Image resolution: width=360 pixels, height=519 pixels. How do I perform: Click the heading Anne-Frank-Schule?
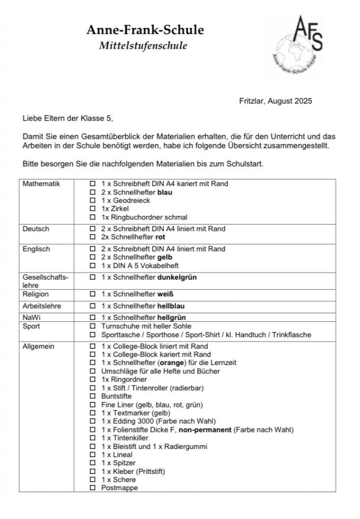click(145, 30)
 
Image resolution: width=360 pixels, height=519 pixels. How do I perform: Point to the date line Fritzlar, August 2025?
click(275, 101)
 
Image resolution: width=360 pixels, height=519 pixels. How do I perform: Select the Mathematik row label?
click(42, 183)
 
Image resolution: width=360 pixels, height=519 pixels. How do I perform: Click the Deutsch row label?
click(36, 229)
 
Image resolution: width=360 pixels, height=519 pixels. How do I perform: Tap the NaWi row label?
click(32, 317)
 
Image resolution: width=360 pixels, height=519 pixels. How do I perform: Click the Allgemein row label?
click(39, 346)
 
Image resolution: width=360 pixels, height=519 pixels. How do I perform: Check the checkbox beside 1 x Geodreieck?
click(93, 201)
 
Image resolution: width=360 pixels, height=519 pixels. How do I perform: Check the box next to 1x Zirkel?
click(93, 209)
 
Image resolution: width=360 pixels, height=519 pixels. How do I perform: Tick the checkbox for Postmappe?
click(93, 488)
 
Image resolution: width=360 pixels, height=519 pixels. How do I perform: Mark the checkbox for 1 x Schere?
click(93, 479)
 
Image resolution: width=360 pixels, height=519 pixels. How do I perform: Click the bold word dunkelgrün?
click(177, 277)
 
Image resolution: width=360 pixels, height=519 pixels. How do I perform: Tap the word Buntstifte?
click(117, 396)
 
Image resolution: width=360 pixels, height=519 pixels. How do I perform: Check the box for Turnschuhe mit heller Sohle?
click(93, 326)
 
